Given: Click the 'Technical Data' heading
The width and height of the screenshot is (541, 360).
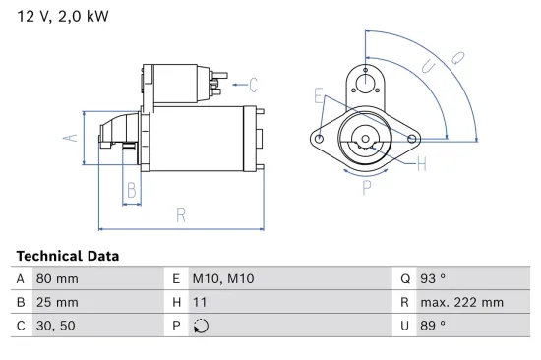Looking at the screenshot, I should (x=68, y=256).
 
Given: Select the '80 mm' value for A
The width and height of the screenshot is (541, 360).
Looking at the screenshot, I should (x=56, y=278).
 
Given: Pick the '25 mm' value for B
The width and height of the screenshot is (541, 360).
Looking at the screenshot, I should (x=56, y=302).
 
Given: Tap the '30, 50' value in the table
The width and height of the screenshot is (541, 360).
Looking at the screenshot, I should (x=55, y=325).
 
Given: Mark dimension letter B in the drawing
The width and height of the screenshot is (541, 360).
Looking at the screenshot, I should (x=130, y=191).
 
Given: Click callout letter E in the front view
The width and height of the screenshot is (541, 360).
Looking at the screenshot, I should (x=319, y=95).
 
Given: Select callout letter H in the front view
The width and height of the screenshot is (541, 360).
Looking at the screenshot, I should (x=421, y=163).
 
